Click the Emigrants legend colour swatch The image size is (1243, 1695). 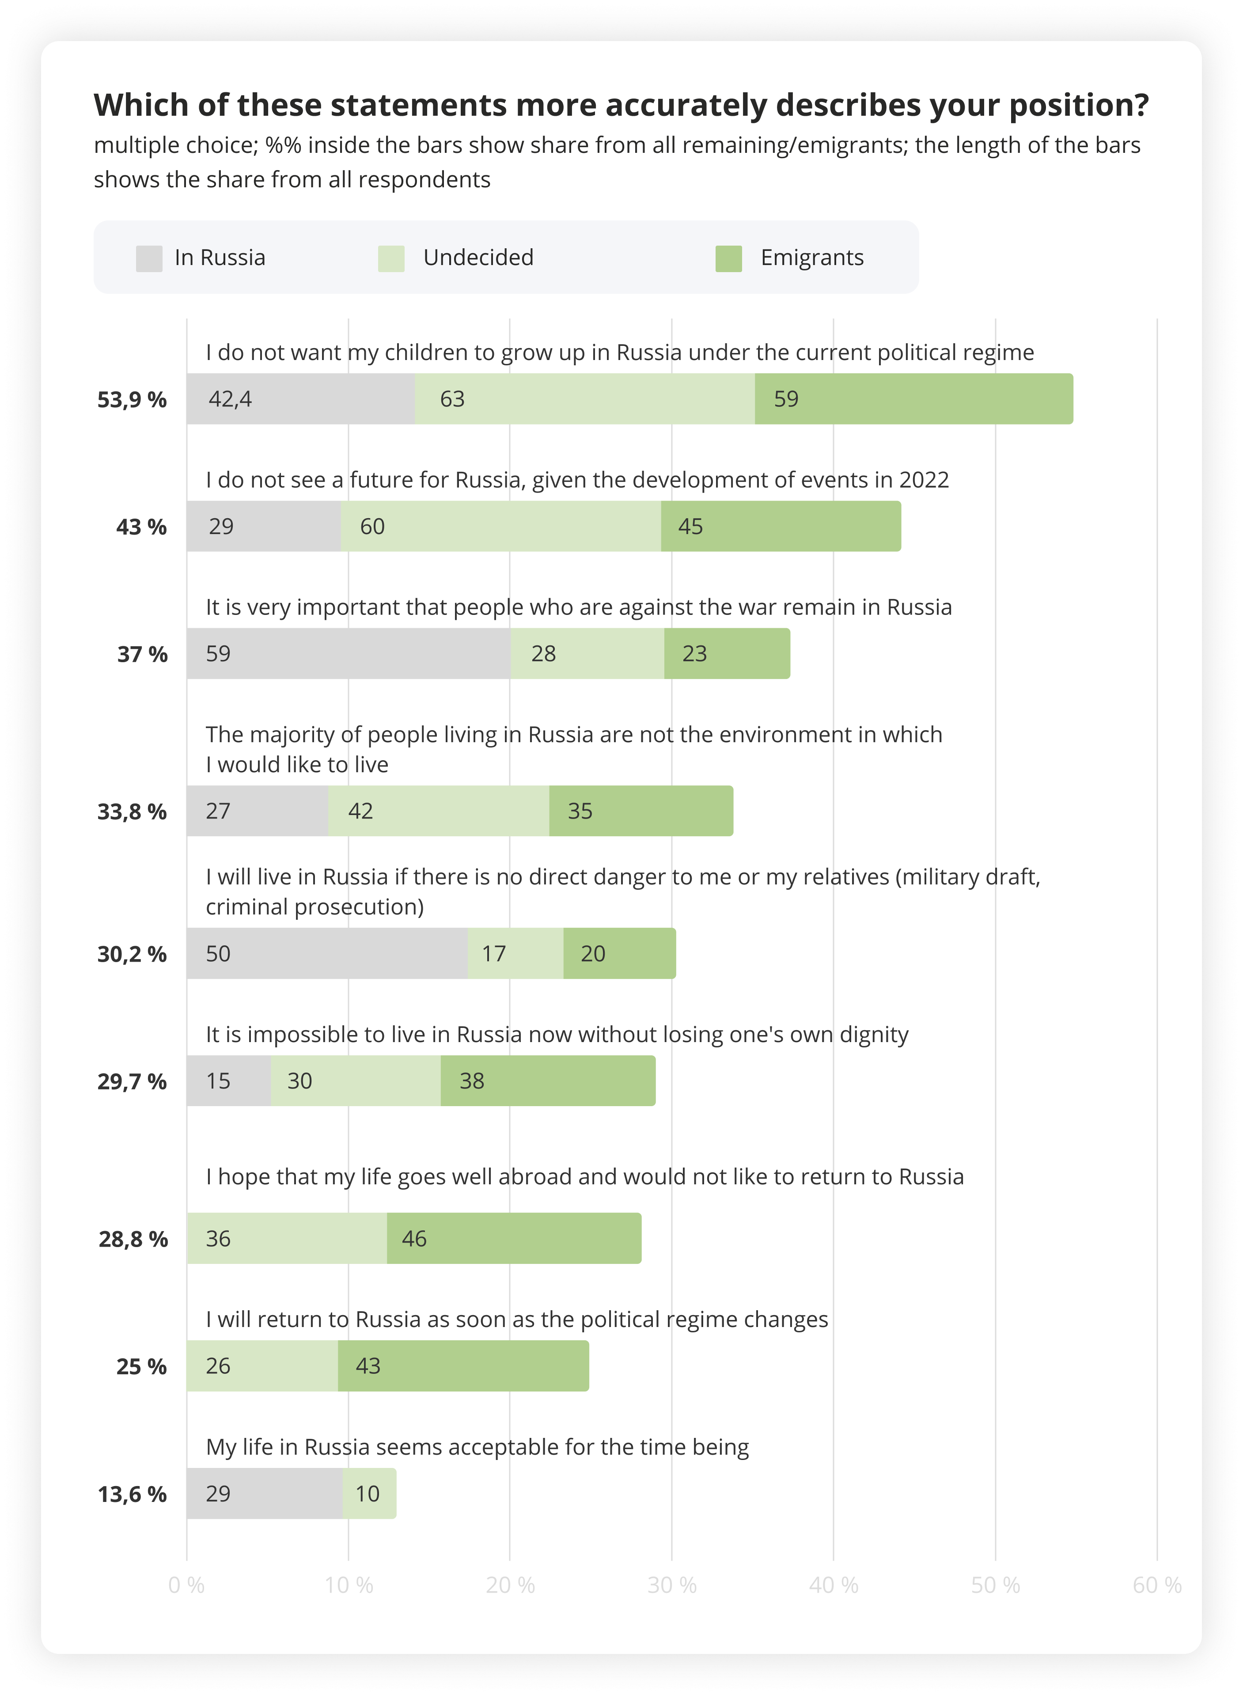tap(728, 258)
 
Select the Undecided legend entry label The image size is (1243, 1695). tap(478, 257)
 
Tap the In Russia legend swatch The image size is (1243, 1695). tap(149, 258)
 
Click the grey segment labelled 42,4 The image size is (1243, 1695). tap(300, 399)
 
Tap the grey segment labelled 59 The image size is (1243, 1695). tap(349, 653)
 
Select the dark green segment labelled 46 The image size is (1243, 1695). tap(513, 1238)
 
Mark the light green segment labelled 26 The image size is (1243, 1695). tap(262, 1365)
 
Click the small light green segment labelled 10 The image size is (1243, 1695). tap(369, 1494)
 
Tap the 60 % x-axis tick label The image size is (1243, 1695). tap(1156, 1585)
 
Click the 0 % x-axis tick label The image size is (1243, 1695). tap(186, 1585)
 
